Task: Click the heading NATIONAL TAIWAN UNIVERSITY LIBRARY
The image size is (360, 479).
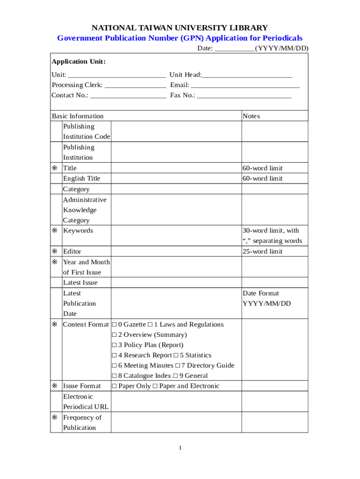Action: coord(180,28)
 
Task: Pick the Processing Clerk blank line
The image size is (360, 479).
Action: coord(135,85)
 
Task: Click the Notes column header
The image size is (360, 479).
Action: coord(252,116)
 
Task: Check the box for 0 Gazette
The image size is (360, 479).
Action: coord(115,325)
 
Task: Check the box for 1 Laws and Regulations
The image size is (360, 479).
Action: coord(150,325)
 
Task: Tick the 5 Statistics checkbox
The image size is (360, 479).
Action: coord(176,356)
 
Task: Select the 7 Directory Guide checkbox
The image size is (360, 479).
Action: coord(178,366)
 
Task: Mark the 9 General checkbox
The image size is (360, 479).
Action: coord(175,376)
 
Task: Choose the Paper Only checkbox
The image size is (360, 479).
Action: coord(115,386)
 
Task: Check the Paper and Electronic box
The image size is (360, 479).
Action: coord(155,386)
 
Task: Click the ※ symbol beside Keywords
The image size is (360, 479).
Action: coord(55,231)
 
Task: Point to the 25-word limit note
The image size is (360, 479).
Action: coord(262,252)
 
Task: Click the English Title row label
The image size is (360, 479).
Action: coord(81,178)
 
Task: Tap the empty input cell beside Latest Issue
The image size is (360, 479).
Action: coord(176,283)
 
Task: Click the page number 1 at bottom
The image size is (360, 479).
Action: coord(180,448)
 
